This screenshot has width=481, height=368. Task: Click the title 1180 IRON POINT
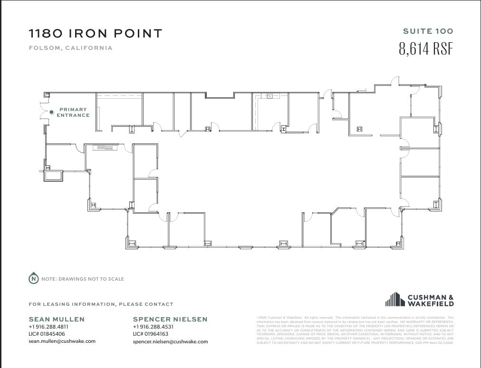pos(96,33)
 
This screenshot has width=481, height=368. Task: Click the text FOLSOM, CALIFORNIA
pos(70,48)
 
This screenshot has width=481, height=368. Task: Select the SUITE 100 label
pos(428,31)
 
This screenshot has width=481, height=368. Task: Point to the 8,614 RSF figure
pos(426,49)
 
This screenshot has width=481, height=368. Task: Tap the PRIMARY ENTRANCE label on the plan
pos(73,113)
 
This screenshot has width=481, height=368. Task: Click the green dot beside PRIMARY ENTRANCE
pos(52,112)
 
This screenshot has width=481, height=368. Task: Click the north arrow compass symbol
pos(33,279)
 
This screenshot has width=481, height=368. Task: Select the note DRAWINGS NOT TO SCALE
pos(83,279)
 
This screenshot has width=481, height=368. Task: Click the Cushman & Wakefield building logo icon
pos(394,300)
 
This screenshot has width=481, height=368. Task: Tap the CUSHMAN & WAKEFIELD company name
pos(431,301)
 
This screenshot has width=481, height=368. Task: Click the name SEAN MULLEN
pos(57,319)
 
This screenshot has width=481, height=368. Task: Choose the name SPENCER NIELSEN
pos(170,319)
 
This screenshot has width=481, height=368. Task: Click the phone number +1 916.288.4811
pos(48,327)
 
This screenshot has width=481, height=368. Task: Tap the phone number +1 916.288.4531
pos(153,327)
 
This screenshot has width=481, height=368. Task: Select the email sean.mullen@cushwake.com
pos(62,341)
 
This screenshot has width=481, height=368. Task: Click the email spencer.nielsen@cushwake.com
pos(170,341)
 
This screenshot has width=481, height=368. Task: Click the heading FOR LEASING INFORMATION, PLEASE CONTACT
pos(101,304)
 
